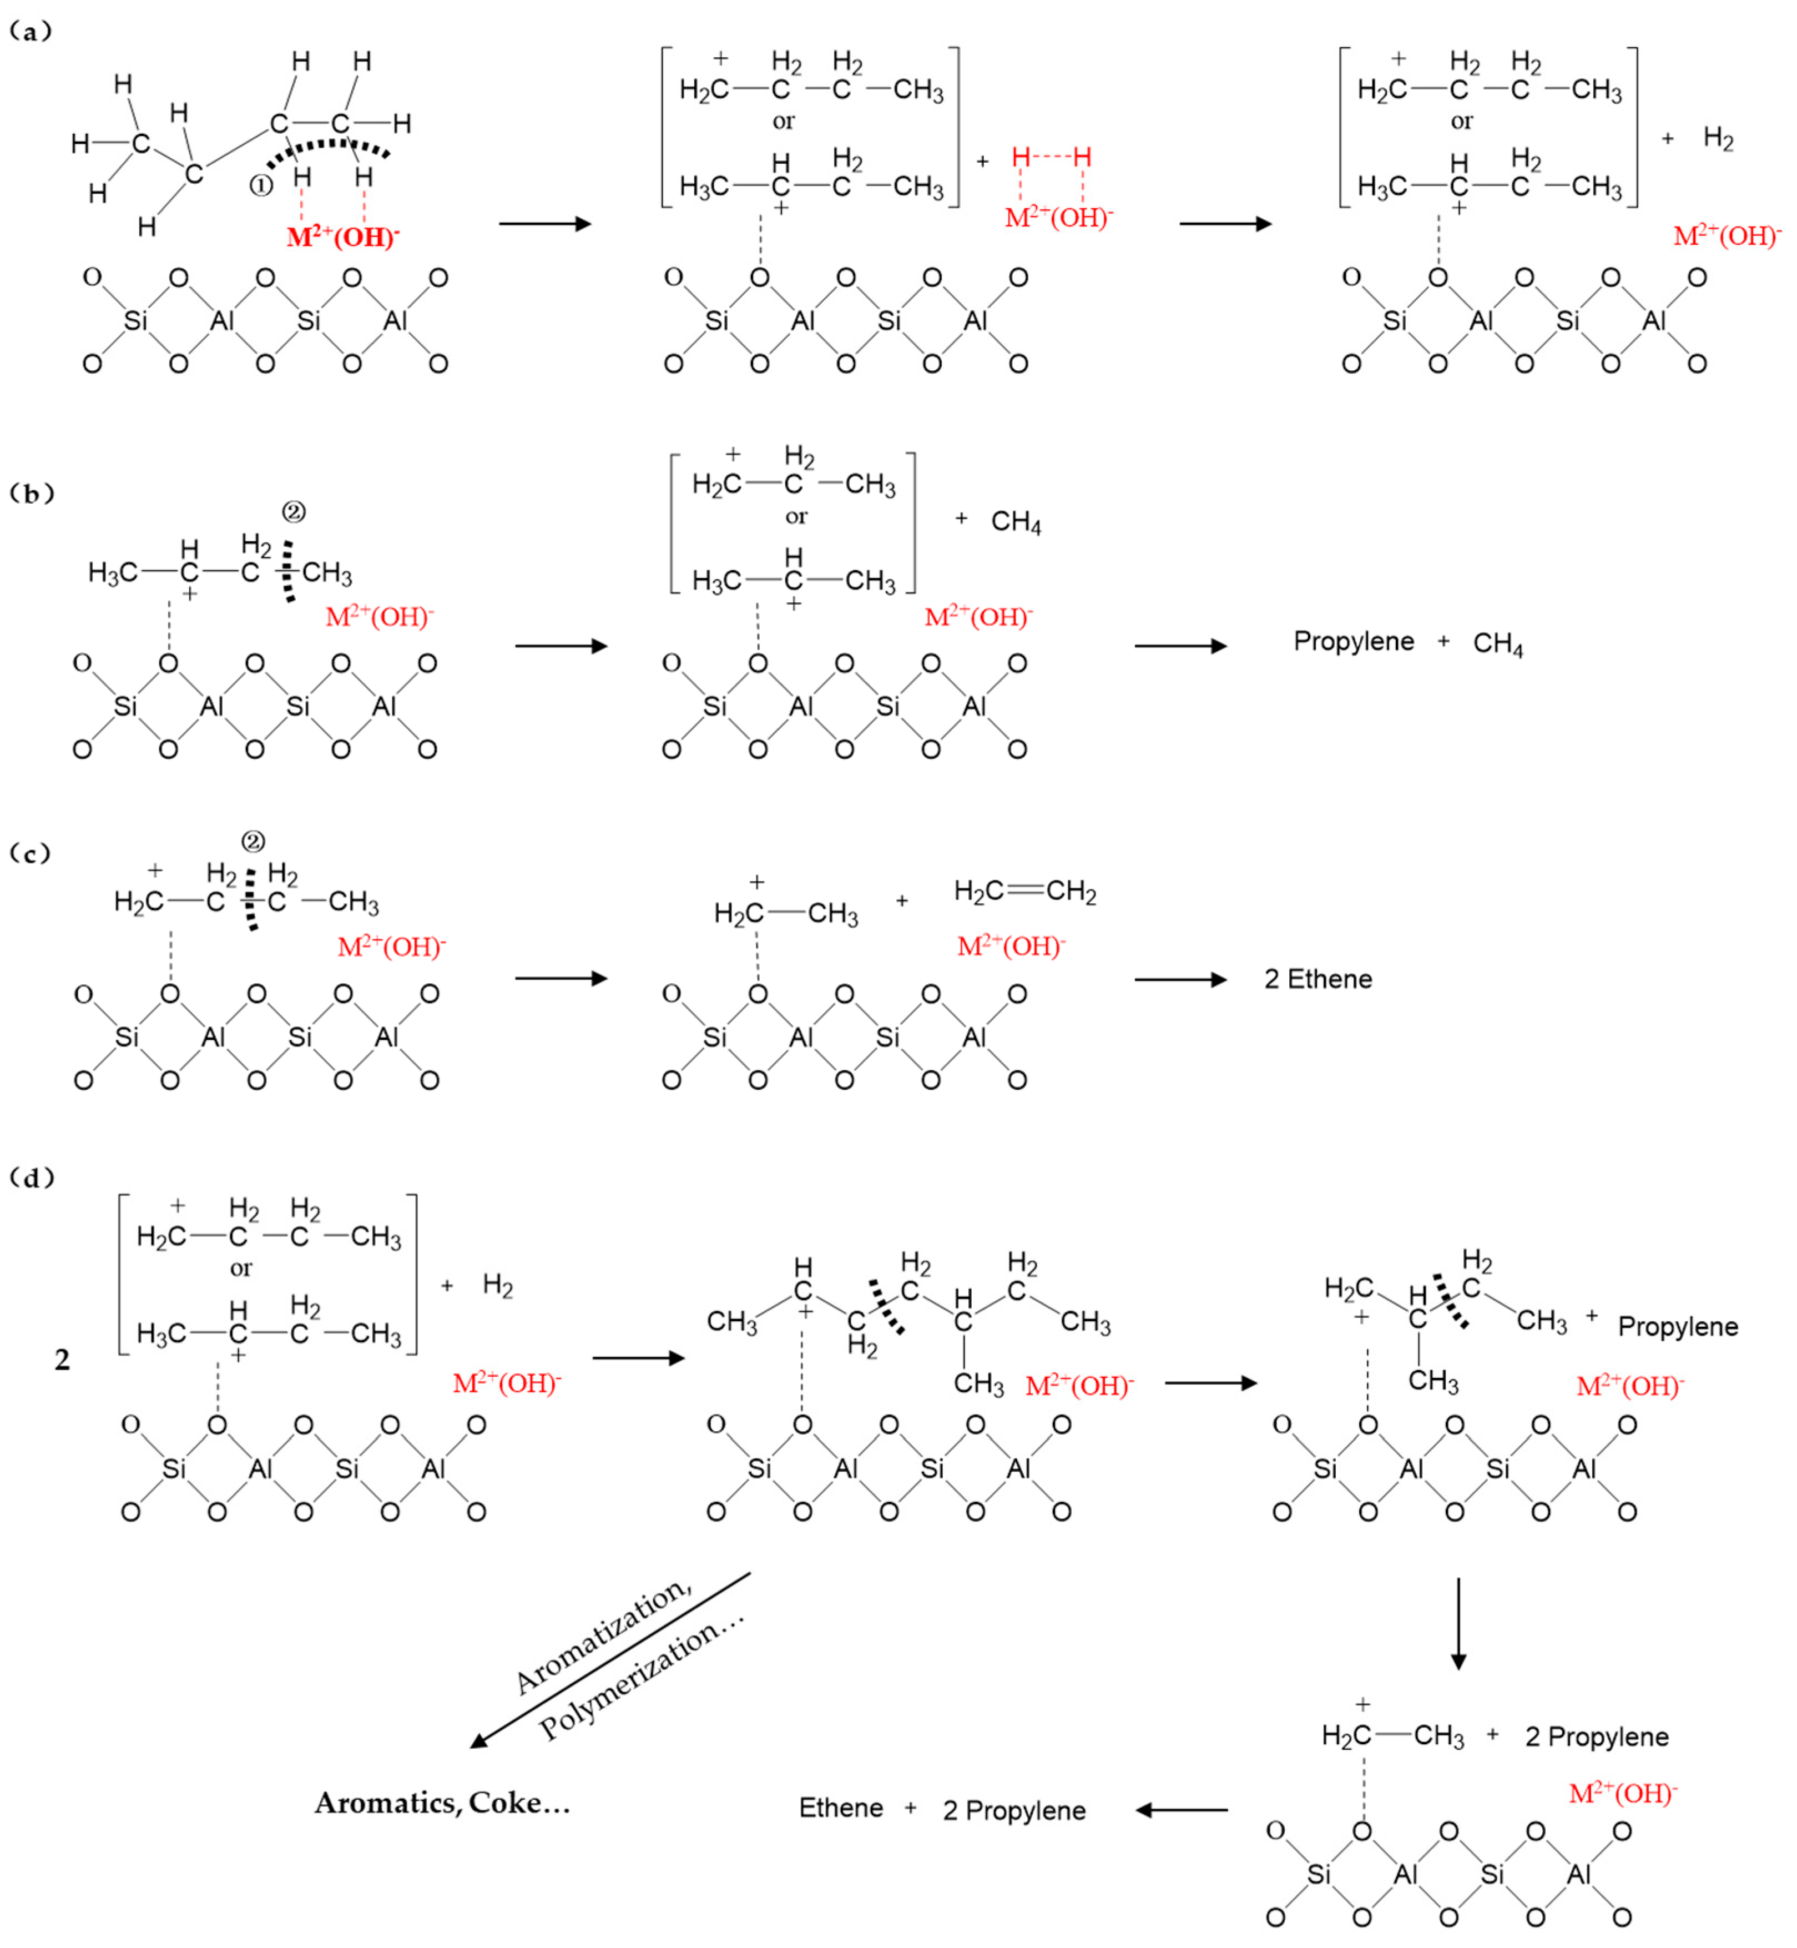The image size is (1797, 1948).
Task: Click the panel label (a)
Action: point(30,32)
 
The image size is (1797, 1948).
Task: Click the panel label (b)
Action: point(31,494)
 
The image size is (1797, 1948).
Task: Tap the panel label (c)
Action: point(30,854)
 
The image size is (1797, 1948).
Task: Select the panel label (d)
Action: point(31,1178)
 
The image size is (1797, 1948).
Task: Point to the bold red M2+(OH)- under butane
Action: point(342,237)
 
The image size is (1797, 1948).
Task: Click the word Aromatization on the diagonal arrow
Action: point(602,1637)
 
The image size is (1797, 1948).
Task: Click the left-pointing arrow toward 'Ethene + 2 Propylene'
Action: point(1182,1810)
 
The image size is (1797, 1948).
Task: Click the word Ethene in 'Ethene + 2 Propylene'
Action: point(840,1809)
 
